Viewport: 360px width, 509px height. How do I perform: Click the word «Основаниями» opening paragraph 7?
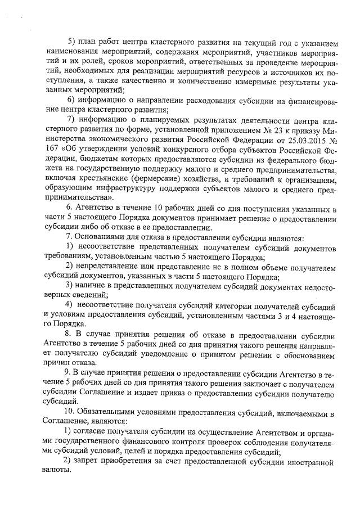coord(98,238)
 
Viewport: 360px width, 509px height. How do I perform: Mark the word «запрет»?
coord(89,462)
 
